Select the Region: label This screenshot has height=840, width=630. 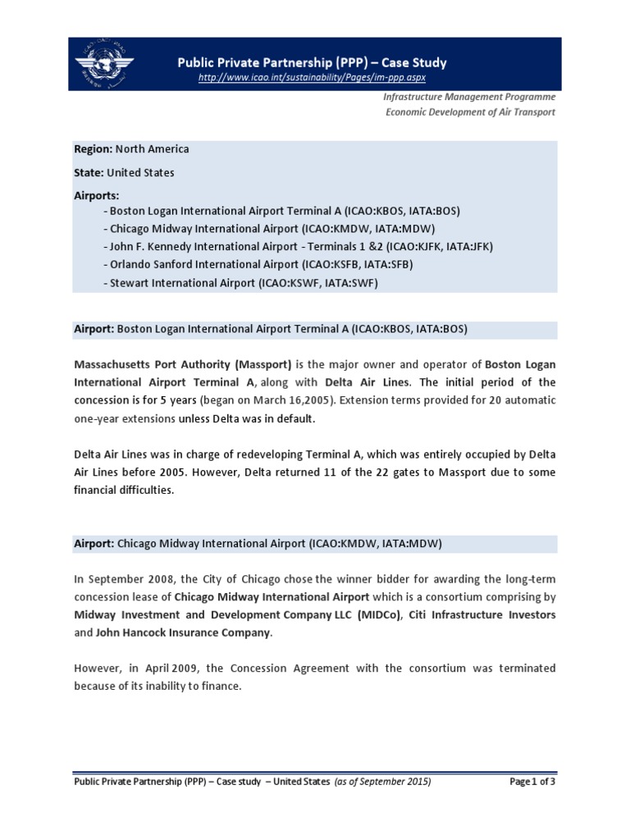tap(93, 149)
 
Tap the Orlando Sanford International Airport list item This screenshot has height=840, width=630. tap(258, 264)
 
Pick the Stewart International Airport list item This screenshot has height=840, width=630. tap(241, 282)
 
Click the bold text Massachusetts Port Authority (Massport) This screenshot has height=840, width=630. tap(183, 363)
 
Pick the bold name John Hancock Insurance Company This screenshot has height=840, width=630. tap(182, 633)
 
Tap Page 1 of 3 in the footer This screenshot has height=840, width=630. tap(532, 782)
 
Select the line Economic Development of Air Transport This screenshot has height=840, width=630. tap(470, 112)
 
